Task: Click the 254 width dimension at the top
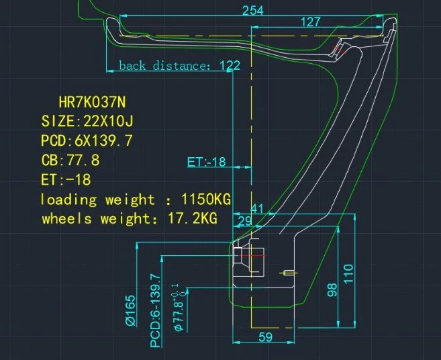(253, 11)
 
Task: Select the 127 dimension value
(311, 22)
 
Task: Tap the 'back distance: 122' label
(179, 66)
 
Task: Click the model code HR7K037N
(92, 102)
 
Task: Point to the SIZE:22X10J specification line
(87, 122)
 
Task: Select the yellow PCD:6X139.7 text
(87, 140)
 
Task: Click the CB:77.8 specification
(70, 160)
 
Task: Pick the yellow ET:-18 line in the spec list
(66, 179)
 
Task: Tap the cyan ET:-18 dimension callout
(207, 162)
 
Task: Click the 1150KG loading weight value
(206, 199)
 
